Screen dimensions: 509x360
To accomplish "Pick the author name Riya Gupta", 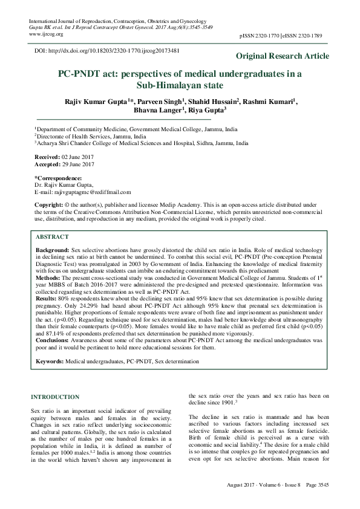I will click(206, 111).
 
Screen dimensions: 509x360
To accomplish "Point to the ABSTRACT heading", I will click(52, 237).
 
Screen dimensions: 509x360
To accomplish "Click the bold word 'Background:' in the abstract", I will click(52, 250).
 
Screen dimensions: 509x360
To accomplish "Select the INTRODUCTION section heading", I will click(54, 397).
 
